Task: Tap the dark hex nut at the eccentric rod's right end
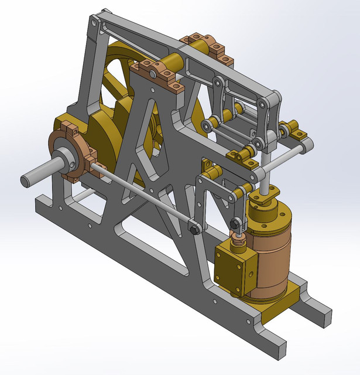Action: click(x=194, y=229)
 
